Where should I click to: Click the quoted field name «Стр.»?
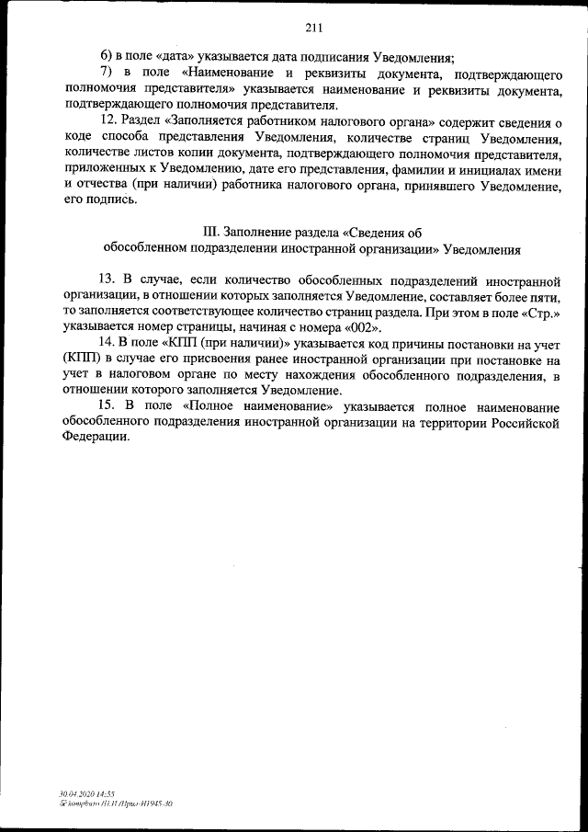pos(541,312)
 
